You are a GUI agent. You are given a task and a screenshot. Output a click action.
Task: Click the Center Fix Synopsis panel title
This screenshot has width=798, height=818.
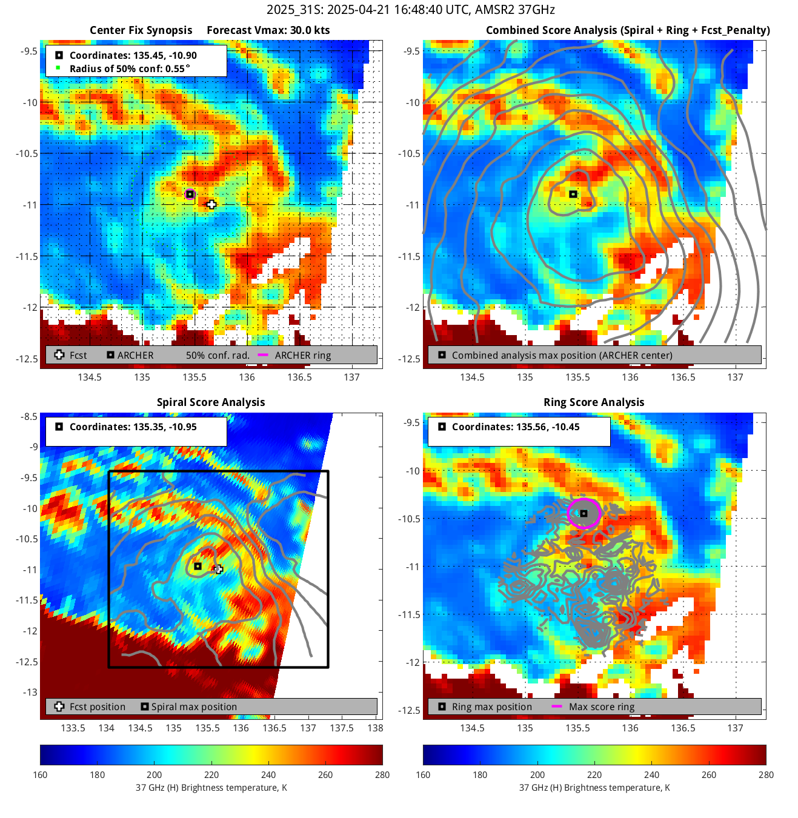click(x=141, y=30)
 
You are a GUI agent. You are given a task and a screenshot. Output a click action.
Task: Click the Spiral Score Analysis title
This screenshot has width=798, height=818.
click(x=211, y=402)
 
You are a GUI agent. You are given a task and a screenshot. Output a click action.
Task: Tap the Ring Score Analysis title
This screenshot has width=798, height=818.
click(x=594, y=402)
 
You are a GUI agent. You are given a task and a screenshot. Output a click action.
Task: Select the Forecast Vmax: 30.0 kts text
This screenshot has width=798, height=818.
click(x=268, y=30)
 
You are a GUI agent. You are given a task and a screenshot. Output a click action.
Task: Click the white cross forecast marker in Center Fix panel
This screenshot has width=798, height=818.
click(x=211, y=205)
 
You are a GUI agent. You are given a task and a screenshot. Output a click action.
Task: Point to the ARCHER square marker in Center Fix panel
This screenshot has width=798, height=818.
click(x=190, y=195)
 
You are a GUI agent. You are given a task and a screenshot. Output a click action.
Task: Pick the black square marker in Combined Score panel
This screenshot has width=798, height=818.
click(x=573, y=195)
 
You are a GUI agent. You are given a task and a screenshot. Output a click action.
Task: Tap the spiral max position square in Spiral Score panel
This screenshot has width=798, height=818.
click(x=198, y=567)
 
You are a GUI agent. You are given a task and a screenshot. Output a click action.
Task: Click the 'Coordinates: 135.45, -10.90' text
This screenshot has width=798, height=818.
click(x=133, y=55)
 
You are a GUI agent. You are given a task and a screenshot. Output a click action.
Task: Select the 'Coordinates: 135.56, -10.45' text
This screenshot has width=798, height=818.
click(x=515, y=427)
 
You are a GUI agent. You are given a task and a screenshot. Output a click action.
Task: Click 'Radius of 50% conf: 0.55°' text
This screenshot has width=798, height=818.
click(x=129, y=68)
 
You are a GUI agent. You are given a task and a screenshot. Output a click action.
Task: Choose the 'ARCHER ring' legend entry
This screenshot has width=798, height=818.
click(x=302, y=356)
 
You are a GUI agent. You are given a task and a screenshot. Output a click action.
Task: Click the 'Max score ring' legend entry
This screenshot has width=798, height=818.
click(x=601, y=707)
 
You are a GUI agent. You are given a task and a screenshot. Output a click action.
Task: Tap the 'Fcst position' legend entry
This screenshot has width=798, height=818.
click(x=97, y=707)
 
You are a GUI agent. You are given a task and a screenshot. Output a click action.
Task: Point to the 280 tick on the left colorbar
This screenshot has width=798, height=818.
click(x=382, y=774)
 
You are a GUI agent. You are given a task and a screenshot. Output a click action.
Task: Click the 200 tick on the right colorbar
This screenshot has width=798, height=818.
click(x=537, y=774)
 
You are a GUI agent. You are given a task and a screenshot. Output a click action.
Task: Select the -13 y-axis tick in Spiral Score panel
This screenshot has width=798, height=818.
click(x=30, y=692)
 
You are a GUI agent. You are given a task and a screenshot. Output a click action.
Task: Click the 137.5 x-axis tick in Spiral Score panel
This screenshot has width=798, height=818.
click(x=342, y=728)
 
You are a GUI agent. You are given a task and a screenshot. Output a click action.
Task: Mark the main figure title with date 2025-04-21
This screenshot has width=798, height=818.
click(x=410, y=10)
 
